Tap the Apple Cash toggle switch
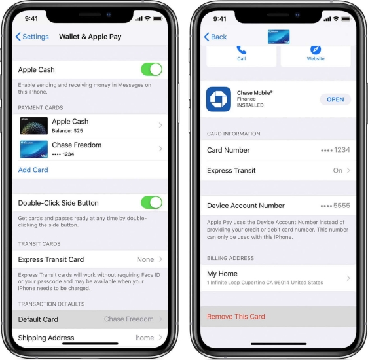151,69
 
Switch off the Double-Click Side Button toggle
151,203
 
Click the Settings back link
32,37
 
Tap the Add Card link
33,170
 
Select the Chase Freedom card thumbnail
33,149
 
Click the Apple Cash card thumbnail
33,126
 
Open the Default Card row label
38,319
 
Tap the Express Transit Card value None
145,259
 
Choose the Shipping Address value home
145,338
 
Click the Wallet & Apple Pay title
90,37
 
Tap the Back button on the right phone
215,37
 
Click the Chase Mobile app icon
219,99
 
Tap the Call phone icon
242,50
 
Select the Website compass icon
316,50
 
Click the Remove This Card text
236,317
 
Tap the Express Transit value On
338,170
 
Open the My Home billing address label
222,274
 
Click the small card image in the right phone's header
278,37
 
